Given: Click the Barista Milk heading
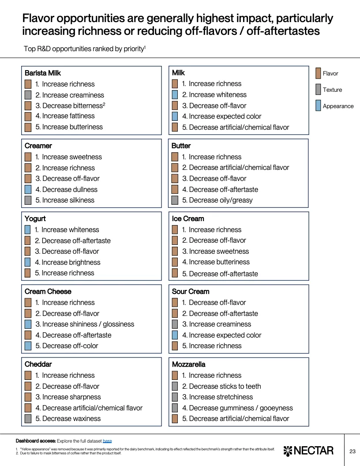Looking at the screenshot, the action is [43, 73].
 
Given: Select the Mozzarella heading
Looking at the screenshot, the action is [188, 364].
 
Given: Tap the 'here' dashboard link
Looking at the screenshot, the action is [107, 441].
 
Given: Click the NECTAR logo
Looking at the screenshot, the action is [308, 451].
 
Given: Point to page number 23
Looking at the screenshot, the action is [352, 451].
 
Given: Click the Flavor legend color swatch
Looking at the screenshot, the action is [318, 73].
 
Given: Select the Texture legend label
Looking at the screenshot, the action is [332, 90].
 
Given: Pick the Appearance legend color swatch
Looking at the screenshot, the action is [318, 106].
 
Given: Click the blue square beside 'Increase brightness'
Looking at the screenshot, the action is [27, 262].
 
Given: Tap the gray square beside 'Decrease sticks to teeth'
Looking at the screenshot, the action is [175, 386].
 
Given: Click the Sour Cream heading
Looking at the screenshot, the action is [191, 291].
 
